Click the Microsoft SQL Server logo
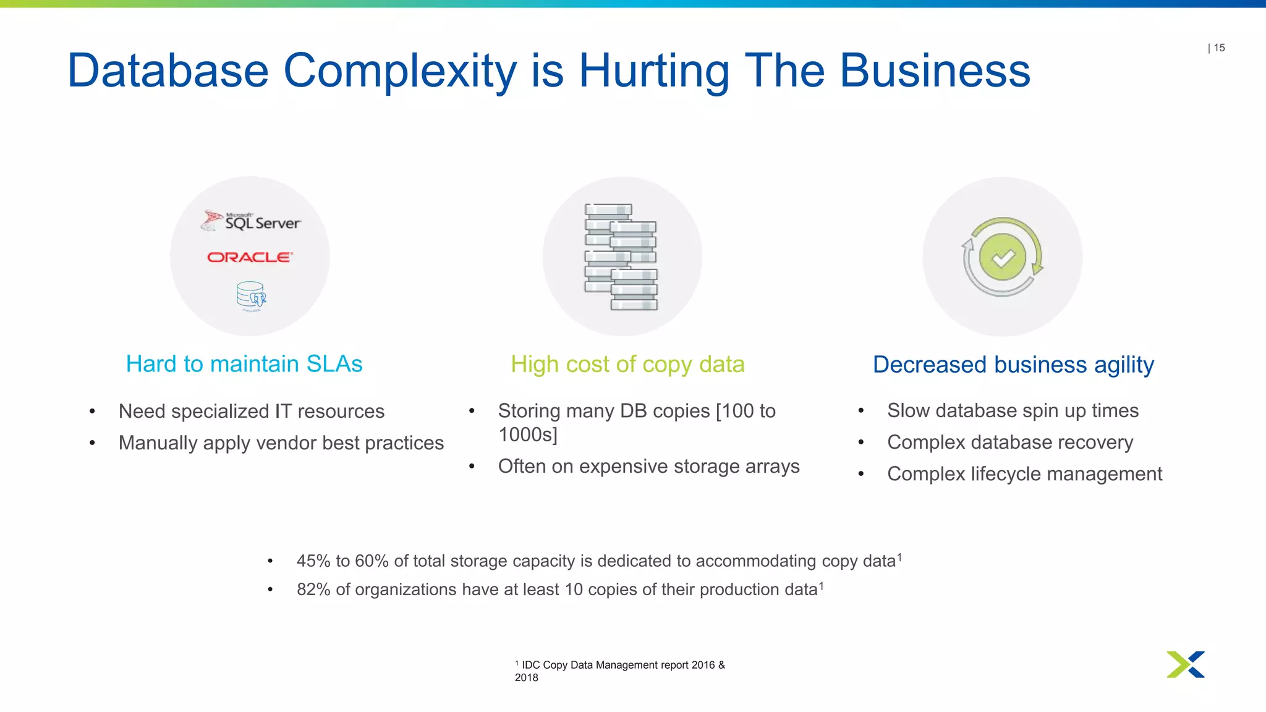252,221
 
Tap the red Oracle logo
249,257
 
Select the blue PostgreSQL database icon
251,295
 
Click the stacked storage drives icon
621,256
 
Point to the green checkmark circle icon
1002,257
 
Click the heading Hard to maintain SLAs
244,364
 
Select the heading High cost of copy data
627,365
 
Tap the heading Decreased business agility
1013,365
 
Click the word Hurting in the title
653,71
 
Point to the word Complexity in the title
399,71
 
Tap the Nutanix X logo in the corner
1186,664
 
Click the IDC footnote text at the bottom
620,671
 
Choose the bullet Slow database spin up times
1013,410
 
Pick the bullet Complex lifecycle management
1024,474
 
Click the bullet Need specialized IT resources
252,411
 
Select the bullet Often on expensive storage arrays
648,467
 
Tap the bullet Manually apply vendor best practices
281,443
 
